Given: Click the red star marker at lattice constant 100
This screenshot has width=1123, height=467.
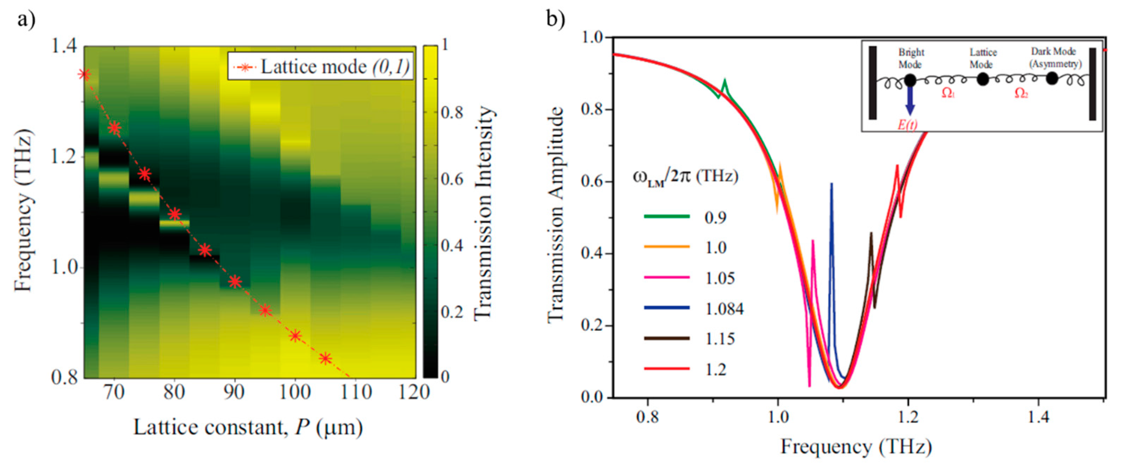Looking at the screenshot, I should click(296, 336).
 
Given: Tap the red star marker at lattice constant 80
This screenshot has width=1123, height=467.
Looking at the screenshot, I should click(175, 214).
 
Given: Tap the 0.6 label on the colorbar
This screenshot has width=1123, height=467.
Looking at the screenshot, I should click(451, 179).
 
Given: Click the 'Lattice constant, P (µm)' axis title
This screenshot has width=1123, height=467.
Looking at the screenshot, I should click(248, 427).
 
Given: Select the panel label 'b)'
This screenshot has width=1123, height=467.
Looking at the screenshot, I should click(556, 19).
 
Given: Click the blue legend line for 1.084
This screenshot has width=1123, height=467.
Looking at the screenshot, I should click(667, 308).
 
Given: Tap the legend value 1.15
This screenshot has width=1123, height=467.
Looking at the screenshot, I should click(720, 339).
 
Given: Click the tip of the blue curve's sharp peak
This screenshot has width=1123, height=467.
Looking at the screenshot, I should click(831, 184).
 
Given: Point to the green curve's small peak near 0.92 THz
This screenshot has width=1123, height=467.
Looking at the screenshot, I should click(724, 81).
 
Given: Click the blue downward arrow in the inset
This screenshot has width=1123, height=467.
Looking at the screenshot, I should click(910, 101).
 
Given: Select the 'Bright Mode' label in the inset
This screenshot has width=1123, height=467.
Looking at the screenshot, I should click(911, 58).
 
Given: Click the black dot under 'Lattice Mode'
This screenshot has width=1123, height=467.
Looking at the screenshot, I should click(983, 79).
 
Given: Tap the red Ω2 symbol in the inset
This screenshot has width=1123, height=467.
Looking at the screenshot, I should click(1021, 93).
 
